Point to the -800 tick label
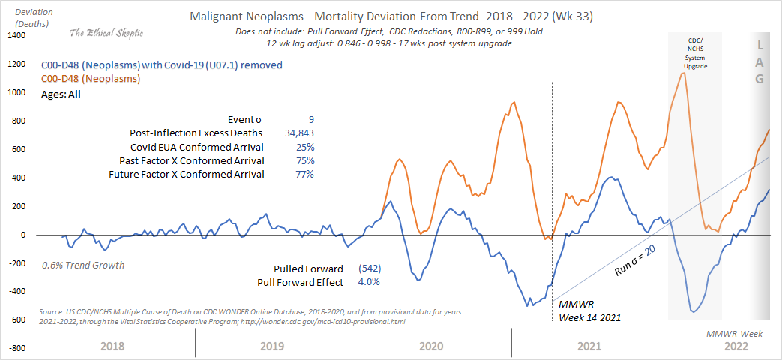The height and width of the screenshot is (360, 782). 16,349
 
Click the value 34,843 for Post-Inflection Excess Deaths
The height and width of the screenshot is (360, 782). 295,133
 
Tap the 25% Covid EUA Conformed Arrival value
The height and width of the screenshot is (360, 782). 304,146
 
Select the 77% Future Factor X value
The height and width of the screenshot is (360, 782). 304,174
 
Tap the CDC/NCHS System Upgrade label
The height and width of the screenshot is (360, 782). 694,52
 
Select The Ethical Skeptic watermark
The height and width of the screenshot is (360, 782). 106,32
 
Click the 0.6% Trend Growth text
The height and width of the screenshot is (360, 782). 83,265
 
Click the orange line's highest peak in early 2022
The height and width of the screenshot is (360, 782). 683,72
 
